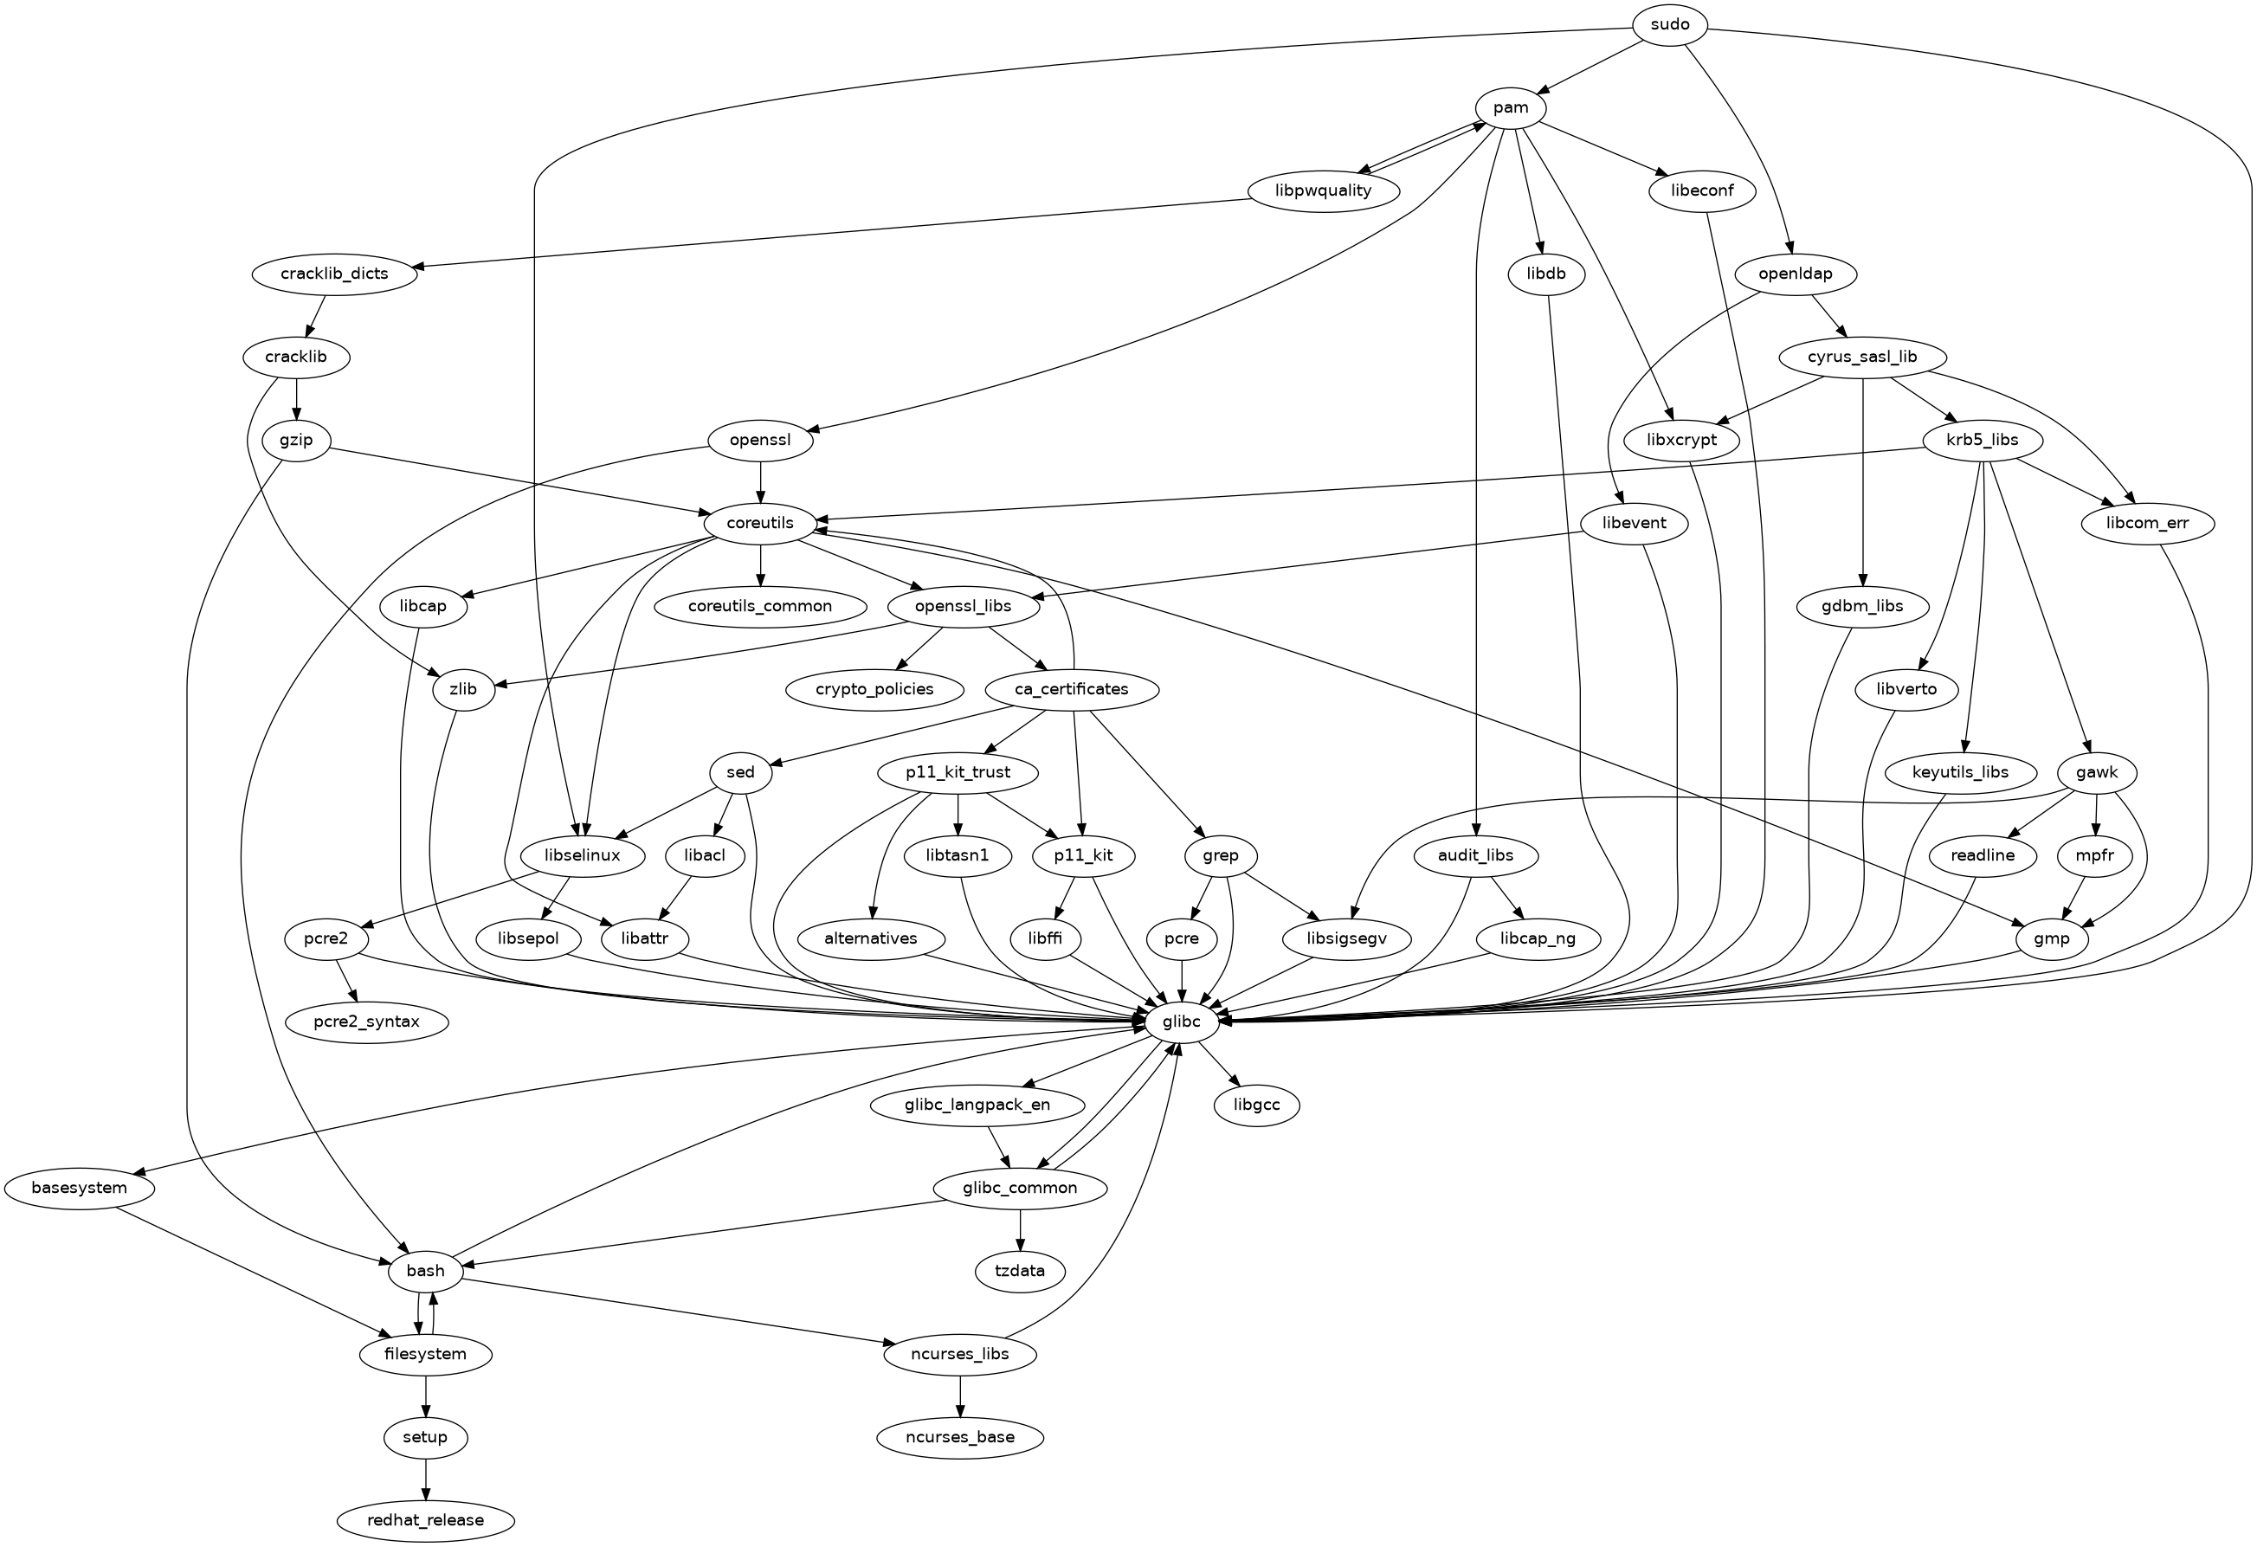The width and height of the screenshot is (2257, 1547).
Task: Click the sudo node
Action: (1669, 24)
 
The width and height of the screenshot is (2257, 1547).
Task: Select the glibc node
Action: (1180, 1022)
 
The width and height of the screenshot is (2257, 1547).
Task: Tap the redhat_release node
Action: (425, 1520)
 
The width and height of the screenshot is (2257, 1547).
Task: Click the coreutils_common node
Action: (760, 606)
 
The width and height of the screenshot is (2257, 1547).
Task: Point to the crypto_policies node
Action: (875, 689)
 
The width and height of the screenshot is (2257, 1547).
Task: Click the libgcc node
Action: (1255, 1105)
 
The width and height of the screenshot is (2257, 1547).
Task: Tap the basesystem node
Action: (79, 1188)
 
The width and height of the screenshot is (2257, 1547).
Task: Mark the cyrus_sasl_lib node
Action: (1861, 357)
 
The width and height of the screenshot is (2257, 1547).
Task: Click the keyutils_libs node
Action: (1960, 773)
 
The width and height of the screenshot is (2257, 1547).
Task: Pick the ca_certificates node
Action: (1071, 689)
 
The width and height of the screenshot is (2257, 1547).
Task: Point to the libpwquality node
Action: (1324, 190)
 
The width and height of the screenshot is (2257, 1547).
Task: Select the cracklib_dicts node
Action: (334, 274)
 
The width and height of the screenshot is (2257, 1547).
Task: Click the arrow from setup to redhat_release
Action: (425, 1478)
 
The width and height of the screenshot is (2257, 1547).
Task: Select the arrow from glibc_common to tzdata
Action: (1020, 1229)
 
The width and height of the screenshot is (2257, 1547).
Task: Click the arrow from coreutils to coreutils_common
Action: (760, 564)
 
